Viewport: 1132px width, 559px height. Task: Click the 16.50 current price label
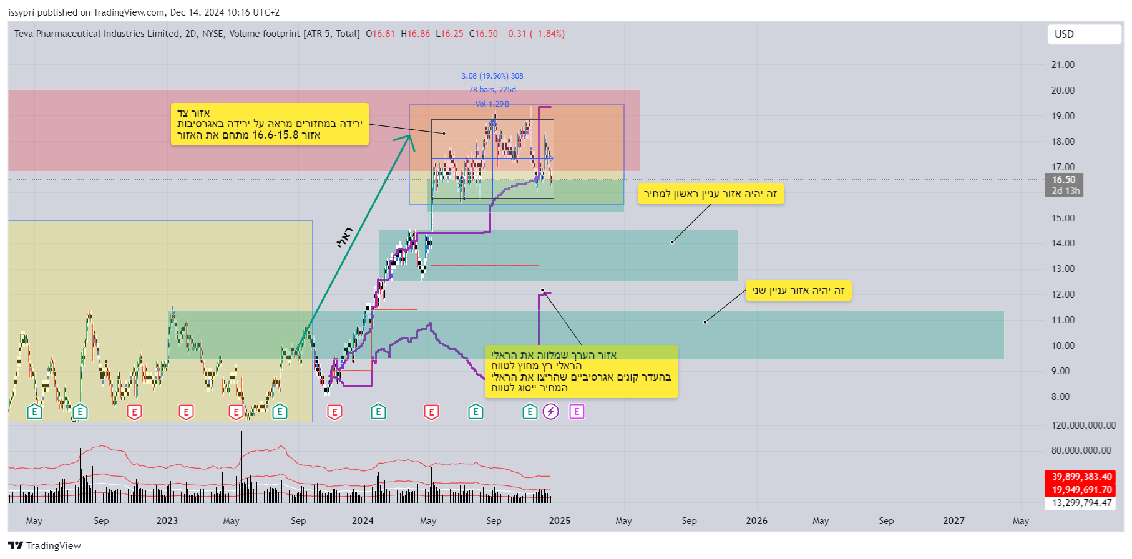pos(1064,180)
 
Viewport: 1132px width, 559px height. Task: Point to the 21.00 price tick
pos(1063,65)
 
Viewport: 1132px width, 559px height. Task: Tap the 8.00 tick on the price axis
pos(1060,397)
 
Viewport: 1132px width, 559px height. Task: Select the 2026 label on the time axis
pos(756,521)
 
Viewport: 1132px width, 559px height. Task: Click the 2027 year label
pos(954,521)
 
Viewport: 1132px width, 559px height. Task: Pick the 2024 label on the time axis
pos(363,521)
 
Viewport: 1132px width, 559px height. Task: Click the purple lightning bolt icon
pos(550,412)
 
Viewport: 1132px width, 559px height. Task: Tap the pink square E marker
pos(577,412)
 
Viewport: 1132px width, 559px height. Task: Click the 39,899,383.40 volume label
pos(1081,477)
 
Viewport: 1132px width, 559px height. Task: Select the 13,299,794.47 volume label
pos(1081,503)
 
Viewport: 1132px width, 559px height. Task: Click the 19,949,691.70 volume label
pos(1081,490)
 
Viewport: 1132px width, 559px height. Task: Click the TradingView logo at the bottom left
pos(45,546)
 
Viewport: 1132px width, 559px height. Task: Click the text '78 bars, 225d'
pos(492,90)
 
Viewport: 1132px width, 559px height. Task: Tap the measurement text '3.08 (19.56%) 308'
pos(492,76)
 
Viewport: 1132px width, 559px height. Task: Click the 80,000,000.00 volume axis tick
pos(1081,450)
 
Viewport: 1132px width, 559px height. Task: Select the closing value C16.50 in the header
pos(484,34)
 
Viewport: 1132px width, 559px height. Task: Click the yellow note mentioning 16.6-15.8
pos(270,124)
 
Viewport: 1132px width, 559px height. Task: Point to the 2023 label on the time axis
pos(167,521)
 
